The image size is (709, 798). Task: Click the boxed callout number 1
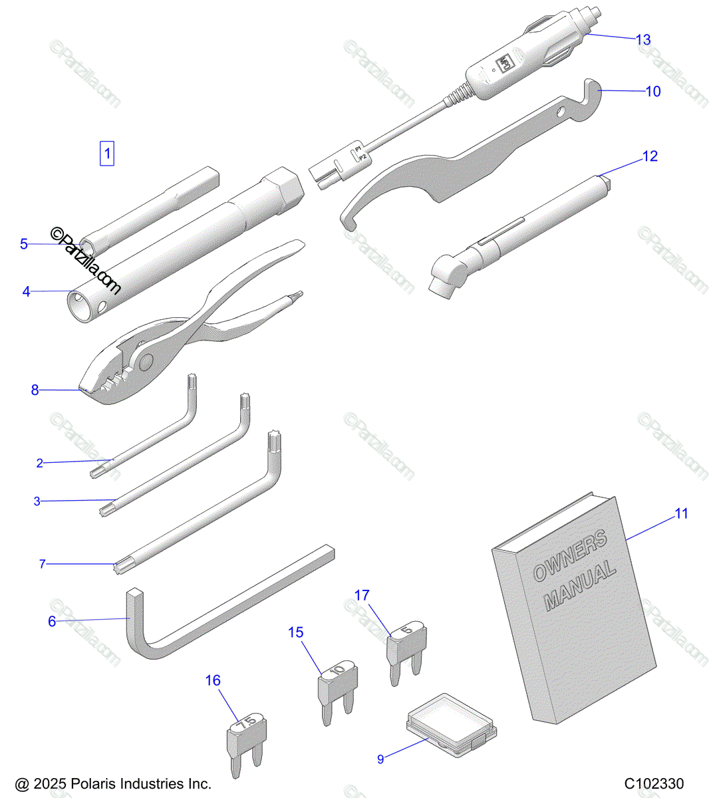107,154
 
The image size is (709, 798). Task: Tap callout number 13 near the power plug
642,40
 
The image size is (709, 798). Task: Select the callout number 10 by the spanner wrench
653,92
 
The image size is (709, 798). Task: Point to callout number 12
649,156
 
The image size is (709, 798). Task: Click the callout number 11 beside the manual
681,513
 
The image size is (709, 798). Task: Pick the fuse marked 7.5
247,735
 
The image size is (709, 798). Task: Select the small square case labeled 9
451,724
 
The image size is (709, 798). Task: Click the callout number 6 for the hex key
52,622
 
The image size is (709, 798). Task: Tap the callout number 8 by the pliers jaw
35,390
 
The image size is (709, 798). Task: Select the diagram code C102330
654,784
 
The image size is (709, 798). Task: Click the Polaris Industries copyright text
113,784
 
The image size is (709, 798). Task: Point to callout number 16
213,681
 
